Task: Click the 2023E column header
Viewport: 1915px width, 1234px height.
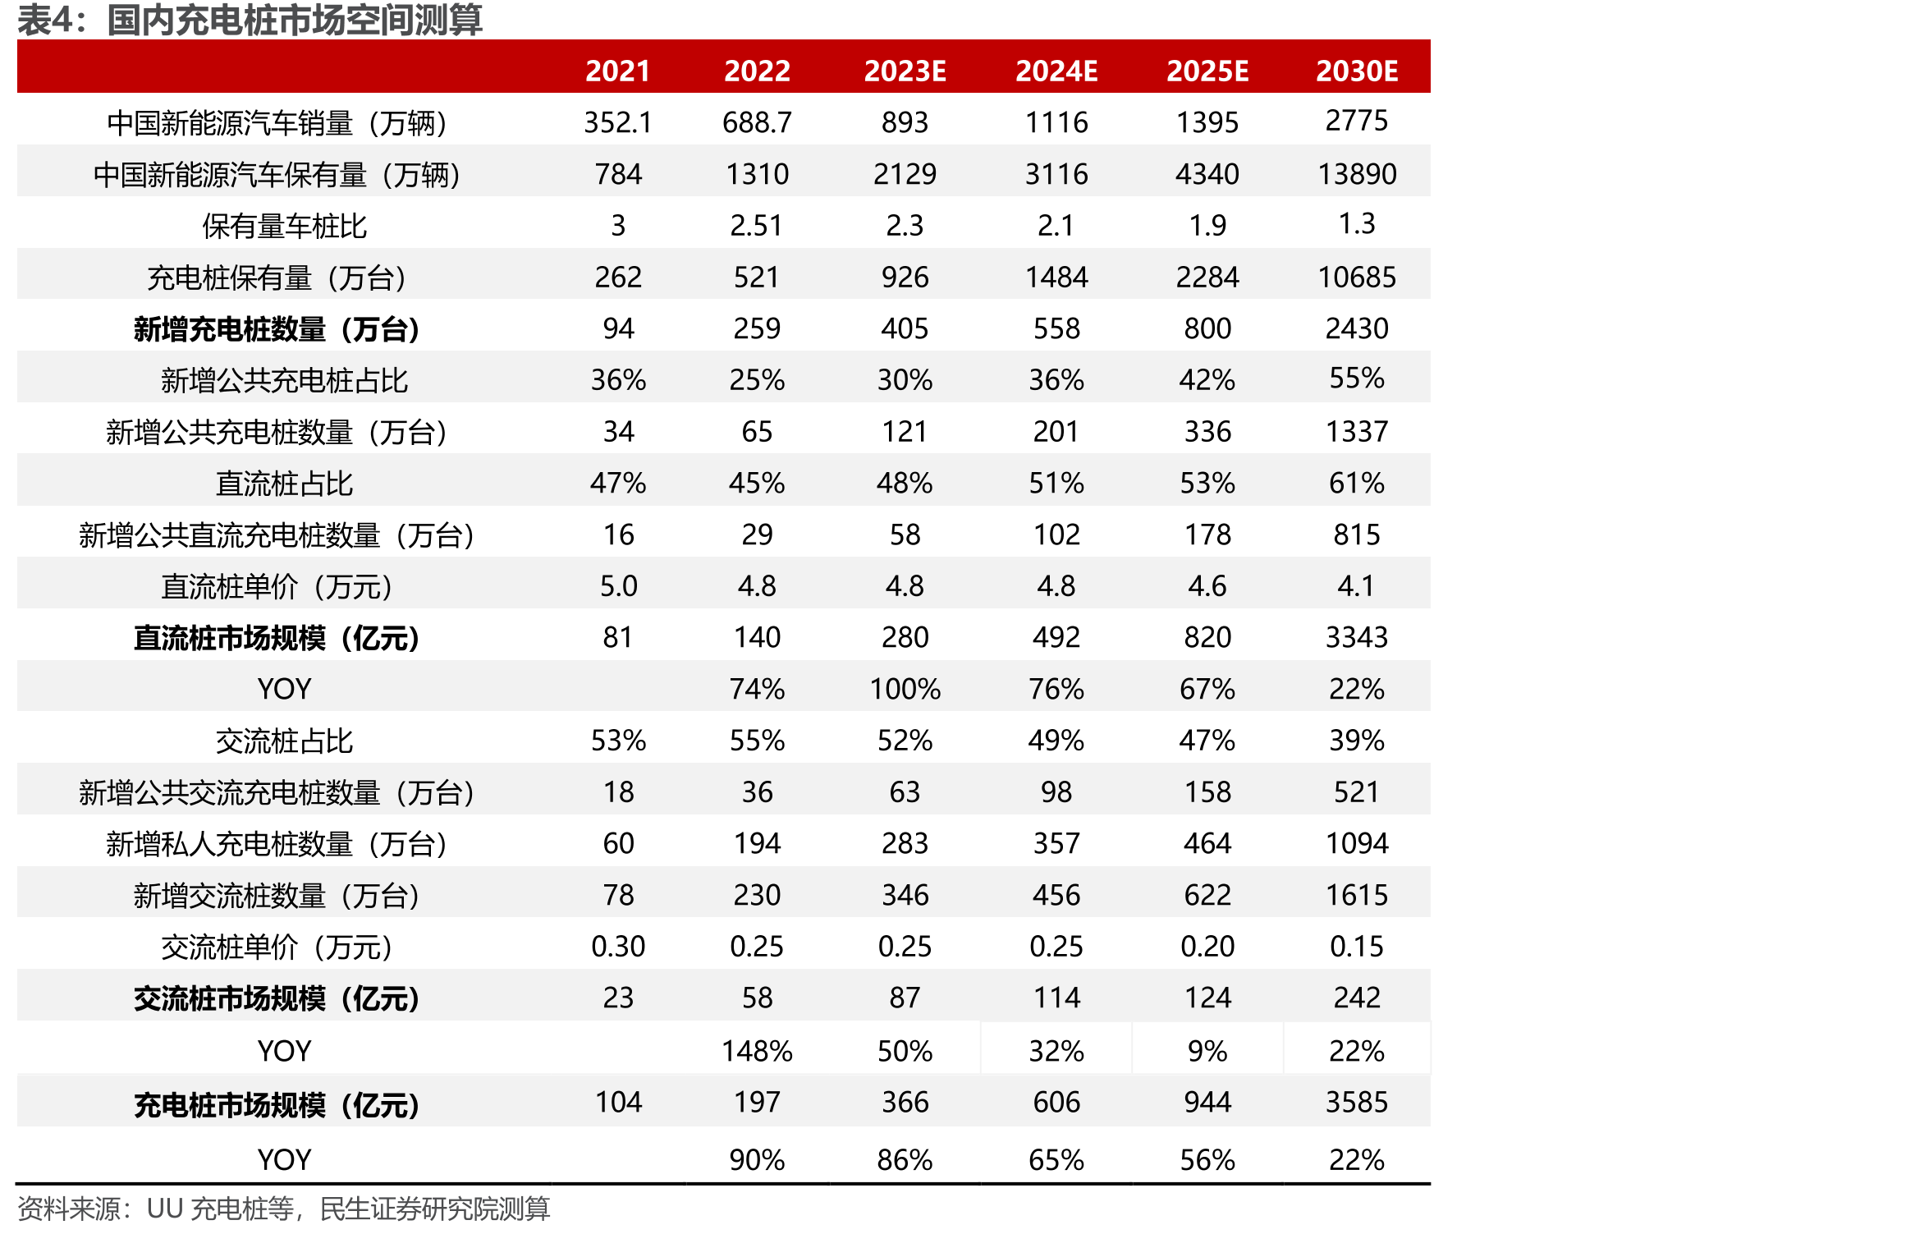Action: [x=905, y=71]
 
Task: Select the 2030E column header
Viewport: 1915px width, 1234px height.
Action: [x=1357, y=71]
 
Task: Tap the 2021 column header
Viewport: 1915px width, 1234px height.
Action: [x=618, y=71]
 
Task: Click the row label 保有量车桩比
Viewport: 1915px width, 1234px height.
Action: [x=284, y=226]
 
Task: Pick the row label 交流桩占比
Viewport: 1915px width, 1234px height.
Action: [x=284, y=741]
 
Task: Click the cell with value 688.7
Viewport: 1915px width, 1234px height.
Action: [x=757, y=122]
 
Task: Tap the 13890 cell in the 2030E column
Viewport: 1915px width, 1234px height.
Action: [x=1357, y=174]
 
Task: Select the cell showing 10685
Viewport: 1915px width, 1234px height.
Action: [x=1357, y=278]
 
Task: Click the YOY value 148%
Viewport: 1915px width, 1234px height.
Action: [x=757, y=1051]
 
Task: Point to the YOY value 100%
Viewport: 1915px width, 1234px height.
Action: [x=905, y=689]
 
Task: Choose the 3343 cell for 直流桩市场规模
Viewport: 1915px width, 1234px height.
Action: [x=1357, y=637]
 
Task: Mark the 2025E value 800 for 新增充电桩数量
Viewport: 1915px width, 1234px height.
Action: [x=1207, y=328]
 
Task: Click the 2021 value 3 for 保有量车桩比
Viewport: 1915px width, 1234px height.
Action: [x=618, y=226]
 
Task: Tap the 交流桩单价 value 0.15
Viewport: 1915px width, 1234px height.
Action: [x=1357, y=947]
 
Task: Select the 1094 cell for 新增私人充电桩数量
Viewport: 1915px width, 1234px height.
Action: [x=1357, y=843]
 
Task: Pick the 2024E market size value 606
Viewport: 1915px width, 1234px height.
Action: [x=1056, y=1102]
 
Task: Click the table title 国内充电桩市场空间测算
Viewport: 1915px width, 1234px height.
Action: [x=295, y=20]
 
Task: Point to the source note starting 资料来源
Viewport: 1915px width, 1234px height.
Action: [x=283, y=1209]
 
